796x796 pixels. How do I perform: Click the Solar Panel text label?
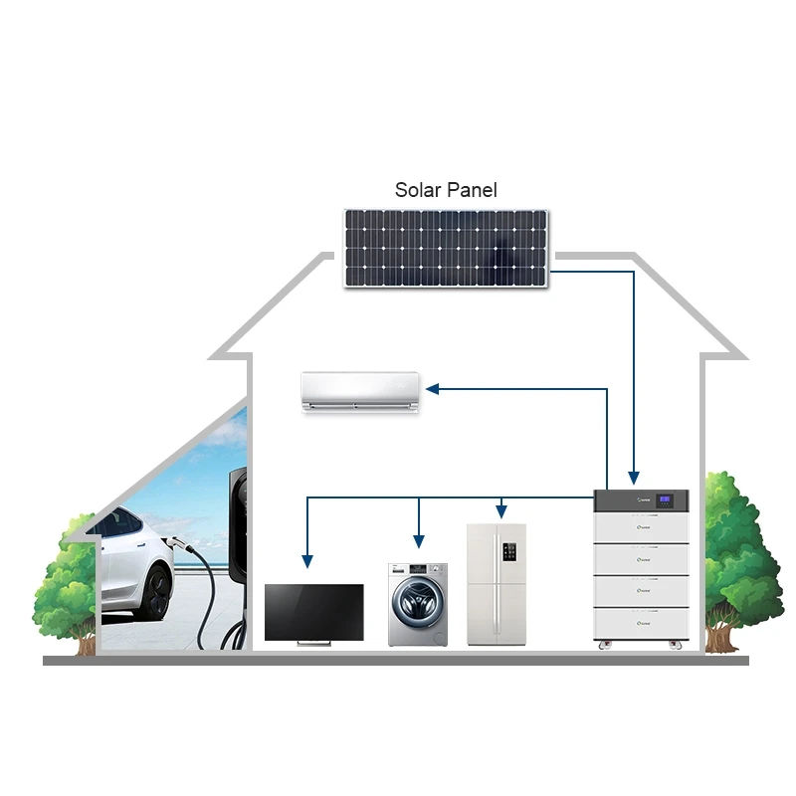click(446, 189)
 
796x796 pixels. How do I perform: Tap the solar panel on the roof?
click(446, 248)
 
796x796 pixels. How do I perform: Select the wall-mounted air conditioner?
click(360, 391)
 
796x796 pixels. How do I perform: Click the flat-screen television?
click(313, 613)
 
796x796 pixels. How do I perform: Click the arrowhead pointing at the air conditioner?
click(435, 389)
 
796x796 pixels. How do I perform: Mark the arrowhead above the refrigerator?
click(503, 511)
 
